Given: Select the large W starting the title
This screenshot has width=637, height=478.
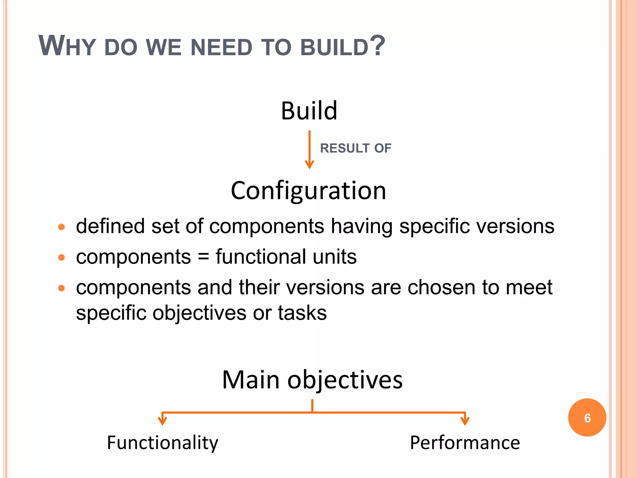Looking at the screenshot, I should pyautogui.click(x=52, y=46).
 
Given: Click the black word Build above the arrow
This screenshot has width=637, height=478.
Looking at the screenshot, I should pyautogui.click(x=309, y=111).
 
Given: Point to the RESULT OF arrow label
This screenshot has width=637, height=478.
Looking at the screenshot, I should pyautogui.click(x=356, y=148).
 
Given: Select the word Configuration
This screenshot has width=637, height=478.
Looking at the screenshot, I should pyautogui.click(x=308, y=191).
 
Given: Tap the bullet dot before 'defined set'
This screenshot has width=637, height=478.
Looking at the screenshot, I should pyautogui.click(x=62, y=227).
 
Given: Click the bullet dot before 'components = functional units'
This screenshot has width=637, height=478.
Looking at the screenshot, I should pyautogui.click(x=62, y=258).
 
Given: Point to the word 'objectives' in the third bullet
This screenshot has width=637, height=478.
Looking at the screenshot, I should pyautogui.click(x=199, y=313).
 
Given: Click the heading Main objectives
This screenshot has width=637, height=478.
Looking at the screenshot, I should pyautogui.click(x=312, y=380).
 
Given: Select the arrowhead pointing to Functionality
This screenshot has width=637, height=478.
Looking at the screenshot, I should pyautogui.click(x=162, y=421).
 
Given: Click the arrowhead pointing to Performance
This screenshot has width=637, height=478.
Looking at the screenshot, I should pyautogui.click(x=465, y=421).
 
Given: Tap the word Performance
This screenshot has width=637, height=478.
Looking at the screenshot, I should pyautogui.click(x=465, y=443).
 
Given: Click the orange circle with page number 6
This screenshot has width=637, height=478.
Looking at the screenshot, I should pyautogui.click(x=587, y=418).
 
